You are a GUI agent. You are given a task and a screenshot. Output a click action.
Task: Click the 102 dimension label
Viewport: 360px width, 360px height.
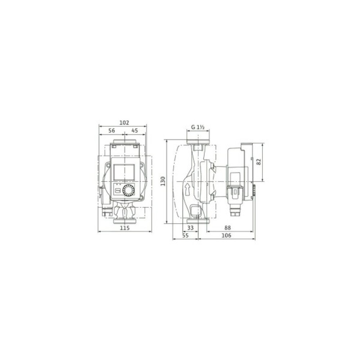[124, 123]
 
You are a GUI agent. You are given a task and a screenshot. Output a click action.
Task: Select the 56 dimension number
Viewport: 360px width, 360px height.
[112, 130]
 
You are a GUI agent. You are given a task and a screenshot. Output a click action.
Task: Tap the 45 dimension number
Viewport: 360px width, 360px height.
[135, 130]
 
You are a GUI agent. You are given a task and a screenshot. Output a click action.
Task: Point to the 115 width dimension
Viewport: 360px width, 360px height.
[125, 228]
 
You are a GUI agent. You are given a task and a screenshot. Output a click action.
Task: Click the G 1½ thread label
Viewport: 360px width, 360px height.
[198, 127]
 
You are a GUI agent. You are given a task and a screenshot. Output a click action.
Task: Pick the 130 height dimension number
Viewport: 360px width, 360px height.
[163, 181]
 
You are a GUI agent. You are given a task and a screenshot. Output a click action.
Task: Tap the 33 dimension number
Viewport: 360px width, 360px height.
[190, 228]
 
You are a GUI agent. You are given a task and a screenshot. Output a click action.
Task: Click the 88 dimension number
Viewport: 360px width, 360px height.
[227, 228]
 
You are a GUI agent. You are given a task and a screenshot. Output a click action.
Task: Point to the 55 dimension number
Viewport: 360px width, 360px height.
[185, 235]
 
